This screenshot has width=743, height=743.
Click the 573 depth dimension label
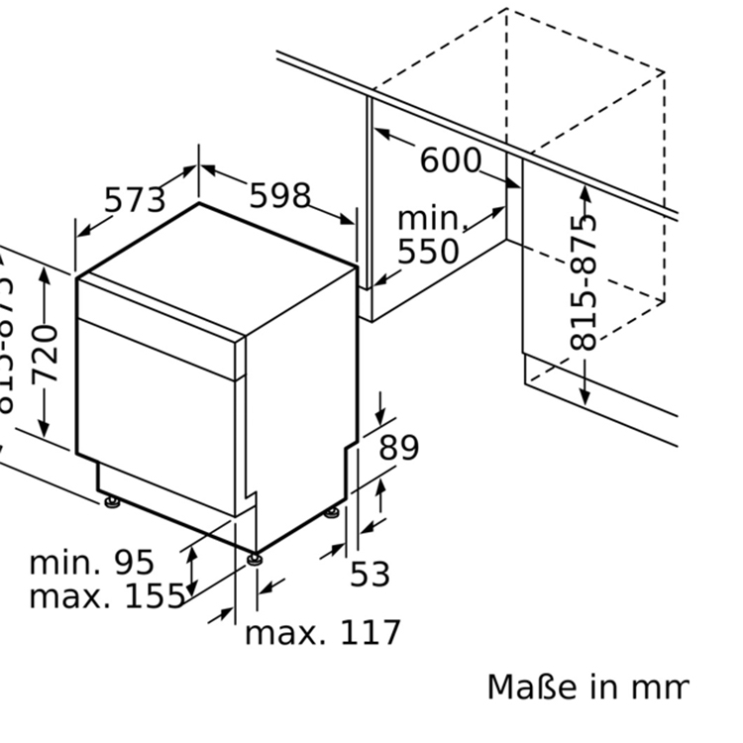click(x=135, y=200)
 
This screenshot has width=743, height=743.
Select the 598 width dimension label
click(x=279, y=196)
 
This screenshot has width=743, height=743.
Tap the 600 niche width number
click(x=451, y=159)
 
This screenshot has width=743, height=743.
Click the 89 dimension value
click(x=399, y=448)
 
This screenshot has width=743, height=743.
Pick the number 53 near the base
click(x=371, y=574)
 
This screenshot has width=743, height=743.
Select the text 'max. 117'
click(x=323, y=632)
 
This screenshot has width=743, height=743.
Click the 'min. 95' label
click(x=92, y=563)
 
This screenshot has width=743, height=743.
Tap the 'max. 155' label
click(x=107, y=596)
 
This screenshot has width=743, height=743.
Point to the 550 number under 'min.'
click(x=429, y=252)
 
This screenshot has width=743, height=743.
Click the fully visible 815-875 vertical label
click(x=585, y=281)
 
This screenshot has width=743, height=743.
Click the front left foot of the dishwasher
click(x=111, y=502)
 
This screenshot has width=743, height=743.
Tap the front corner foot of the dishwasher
click(x=257, y=559)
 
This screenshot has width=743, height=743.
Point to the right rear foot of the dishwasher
click(x=332, y=513)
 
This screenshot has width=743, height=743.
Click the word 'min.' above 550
click(x=430, y=219)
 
